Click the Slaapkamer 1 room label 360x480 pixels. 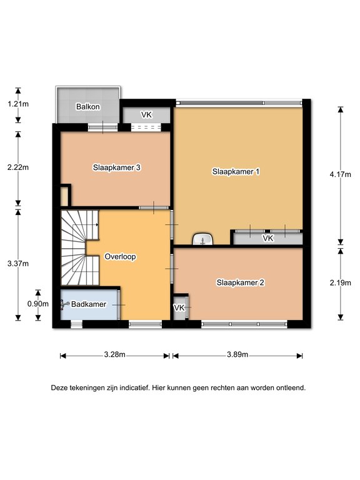(x=236, y=171)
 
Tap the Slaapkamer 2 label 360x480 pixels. (x=240, y=282)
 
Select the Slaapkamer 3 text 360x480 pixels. (x=117, y=167)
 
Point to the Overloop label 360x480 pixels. (x=120, y=256)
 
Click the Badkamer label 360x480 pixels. (x=89, y=304)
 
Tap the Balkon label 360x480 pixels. (x=88, y=107)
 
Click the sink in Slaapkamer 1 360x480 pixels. (x=202, y=239)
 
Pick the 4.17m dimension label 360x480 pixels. (x=341, y=174)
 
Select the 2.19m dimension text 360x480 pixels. (x=341, y=283)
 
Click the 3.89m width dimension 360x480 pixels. (x=237, y=354)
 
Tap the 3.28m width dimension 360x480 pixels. (x=115, y=354)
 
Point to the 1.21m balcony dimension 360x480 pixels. (x=18, y=104)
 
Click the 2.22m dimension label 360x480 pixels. (x=18, y=167)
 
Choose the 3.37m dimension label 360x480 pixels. (x=18, y=264)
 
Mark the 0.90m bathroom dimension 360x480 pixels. (x=38, y=304)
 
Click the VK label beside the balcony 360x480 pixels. (x=146, y=115)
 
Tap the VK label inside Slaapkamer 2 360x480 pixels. (x=179, y=307)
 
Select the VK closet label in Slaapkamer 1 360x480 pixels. (x=268, y=238)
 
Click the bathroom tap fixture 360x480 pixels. (x=64, y=304)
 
